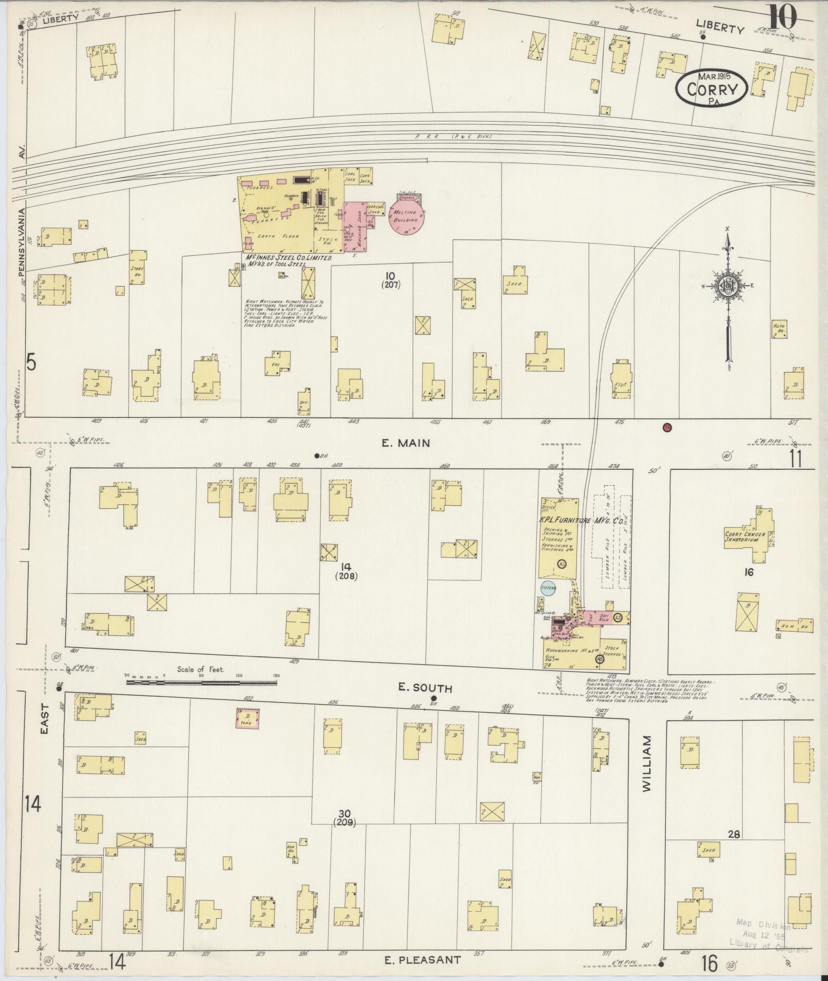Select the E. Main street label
[406, 443]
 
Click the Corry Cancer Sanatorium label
[745, 537]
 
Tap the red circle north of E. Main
[667, 427]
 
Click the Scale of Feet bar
[202, 682]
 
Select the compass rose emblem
[727, 287]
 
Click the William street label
[646, 771]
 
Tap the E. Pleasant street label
[422, 959]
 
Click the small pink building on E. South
[247, 718]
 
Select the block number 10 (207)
[391, 280]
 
